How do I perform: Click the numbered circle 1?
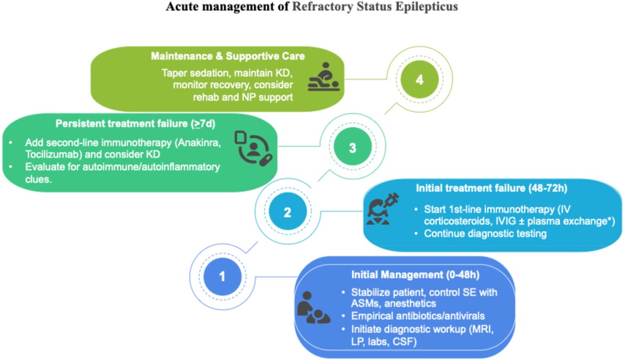coord(222,277)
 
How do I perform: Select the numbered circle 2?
coord(287,212)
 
